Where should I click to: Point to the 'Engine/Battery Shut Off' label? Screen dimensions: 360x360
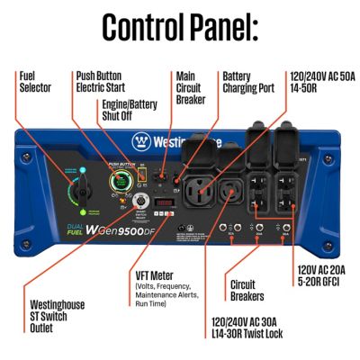(x=130, y=111)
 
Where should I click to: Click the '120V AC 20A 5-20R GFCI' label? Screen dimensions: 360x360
(x=321, y=274)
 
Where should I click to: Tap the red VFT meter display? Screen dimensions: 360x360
(x=162, y=202)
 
